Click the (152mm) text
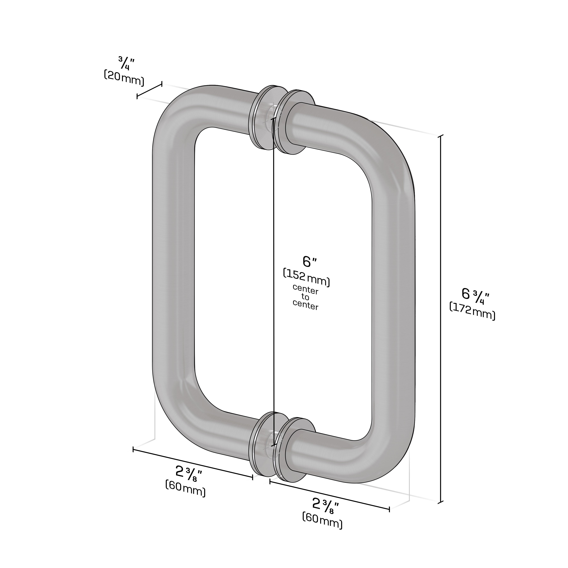click(x=307, y=277)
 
